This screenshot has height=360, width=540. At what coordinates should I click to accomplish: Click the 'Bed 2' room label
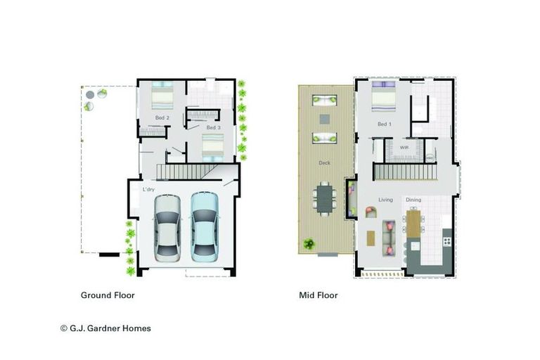click(162, 117)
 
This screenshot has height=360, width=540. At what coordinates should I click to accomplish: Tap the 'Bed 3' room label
click(214, 127)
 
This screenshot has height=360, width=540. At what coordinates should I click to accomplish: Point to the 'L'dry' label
click(148, 190)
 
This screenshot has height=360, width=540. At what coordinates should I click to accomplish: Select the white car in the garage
click(168, 226)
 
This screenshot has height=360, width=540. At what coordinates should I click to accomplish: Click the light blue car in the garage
click(205, 225)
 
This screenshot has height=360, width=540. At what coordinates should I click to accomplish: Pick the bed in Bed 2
click(162, 96)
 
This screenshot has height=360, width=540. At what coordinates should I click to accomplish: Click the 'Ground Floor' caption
click(108, 295)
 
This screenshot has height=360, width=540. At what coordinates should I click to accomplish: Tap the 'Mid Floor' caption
click(318, 295)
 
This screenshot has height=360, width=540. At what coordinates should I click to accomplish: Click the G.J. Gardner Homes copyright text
click(105, 328)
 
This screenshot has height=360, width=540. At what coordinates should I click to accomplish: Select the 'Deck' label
click(325, 163)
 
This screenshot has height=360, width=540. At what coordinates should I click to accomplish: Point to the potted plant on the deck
click(308, 245)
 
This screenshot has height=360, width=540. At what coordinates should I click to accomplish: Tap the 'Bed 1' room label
click(383, 124)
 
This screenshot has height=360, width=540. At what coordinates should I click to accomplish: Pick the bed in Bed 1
click(383, 98)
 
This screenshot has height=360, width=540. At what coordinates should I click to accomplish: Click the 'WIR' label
click(404, 148)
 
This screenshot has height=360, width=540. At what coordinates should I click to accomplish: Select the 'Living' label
click(386, 200)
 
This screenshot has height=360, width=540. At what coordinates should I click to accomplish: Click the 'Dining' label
click(413, 200)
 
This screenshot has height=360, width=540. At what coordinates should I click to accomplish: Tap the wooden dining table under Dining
click(413, 225)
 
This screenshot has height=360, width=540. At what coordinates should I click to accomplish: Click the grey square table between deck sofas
click(325, 119)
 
